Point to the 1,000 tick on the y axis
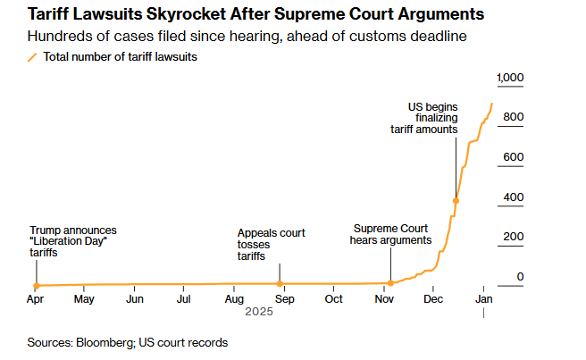pos(509,79)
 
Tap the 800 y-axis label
pos(513,118)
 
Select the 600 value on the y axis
pos(513,157)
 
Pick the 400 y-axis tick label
pos(513,197)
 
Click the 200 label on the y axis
pos(513,237)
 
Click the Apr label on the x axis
pos(36,299)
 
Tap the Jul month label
pos(182,299)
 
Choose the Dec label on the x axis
pos(432,299)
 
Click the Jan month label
pos(483,299)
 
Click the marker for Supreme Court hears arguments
pos(390,283)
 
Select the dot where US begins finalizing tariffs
pos(456,200)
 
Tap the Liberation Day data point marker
pos(35,285)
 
